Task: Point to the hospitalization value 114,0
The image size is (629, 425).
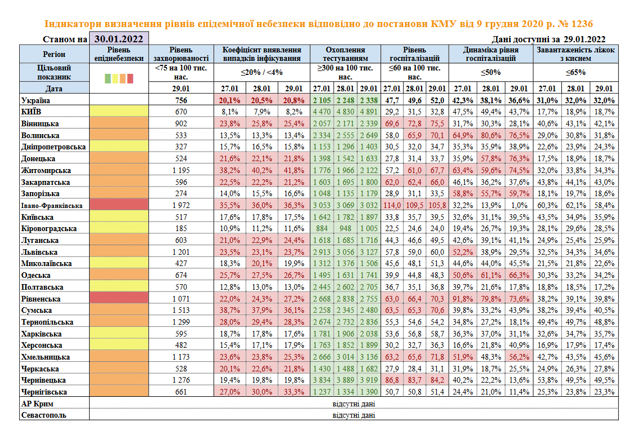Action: (392, 205)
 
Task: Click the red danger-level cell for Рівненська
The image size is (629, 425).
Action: (119, 299)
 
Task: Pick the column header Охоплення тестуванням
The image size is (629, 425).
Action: (345, 54)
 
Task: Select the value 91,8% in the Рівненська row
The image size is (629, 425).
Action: (463, 299)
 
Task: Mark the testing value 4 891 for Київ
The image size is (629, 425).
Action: (368, 112)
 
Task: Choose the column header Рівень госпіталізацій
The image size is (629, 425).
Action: (414, 54)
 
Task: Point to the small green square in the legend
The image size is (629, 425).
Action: (108, 78)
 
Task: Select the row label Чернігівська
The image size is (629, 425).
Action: (43, 392)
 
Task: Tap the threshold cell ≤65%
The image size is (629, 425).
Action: (576, 72)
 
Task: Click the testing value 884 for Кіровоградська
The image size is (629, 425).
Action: (321, 228)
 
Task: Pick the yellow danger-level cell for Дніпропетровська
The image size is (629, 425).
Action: (119, 147)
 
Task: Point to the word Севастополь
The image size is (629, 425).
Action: (44, 415)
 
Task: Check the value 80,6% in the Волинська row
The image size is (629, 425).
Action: (490, 135)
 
